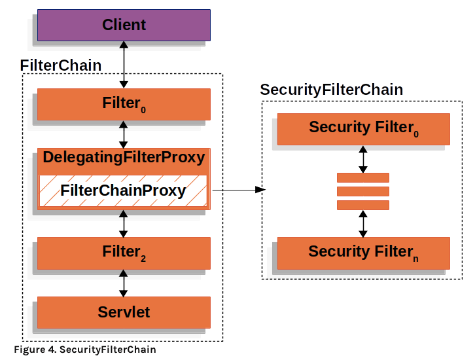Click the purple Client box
tap(124, 25)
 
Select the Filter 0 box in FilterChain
tap(124, 104)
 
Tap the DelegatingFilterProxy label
tap(124, 157)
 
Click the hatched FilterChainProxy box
tap(123, 190)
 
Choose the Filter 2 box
tap(124, 253)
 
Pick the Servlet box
tap(124, 312)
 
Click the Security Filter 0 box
tap(364, 129)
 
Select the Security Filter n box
tap(364, 253)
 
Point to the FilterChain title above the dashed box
tap(61, 65)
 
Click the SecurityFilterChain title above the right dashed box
tap(332, 90)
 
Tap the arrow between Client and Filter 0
tap(124, 65)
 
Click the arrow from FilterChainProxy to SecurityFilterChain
tap(239, 190)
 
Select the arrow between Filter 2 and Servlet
tap(123, 283)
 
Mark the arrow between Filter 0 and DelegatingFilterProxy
tap(123, 134)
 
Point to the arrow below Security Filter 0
tap(363, 159)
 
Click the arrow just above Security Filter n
tap(363, 224)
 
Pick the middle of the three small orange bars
tap(363, 192)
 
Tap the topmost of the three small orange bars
tap(363, 177)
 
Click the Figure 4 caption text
tap(85, 350)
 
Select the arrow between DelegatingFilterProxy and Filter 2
tap(123, 224)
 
